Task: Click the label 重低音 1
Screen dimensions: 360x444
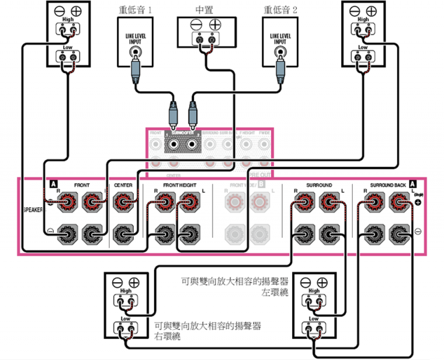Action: click(x=135, y=10)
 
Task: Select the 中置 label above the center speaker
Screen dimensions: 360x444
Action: click(x=204, y=10)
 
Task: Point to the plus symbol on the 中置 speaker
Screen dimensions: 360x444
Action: click(x=216, y=25)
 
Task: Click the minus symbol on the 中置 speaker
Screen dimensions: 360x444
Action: click(x=194, y=25)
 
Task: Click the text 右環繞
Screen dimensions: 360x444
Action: click(x=167, y=337)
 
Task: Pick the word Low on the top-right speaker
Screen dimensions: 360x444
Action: click(x=363, y=47)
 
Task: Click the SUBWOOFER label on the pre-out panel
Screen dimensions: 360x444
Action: click(x=182, y=133)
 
